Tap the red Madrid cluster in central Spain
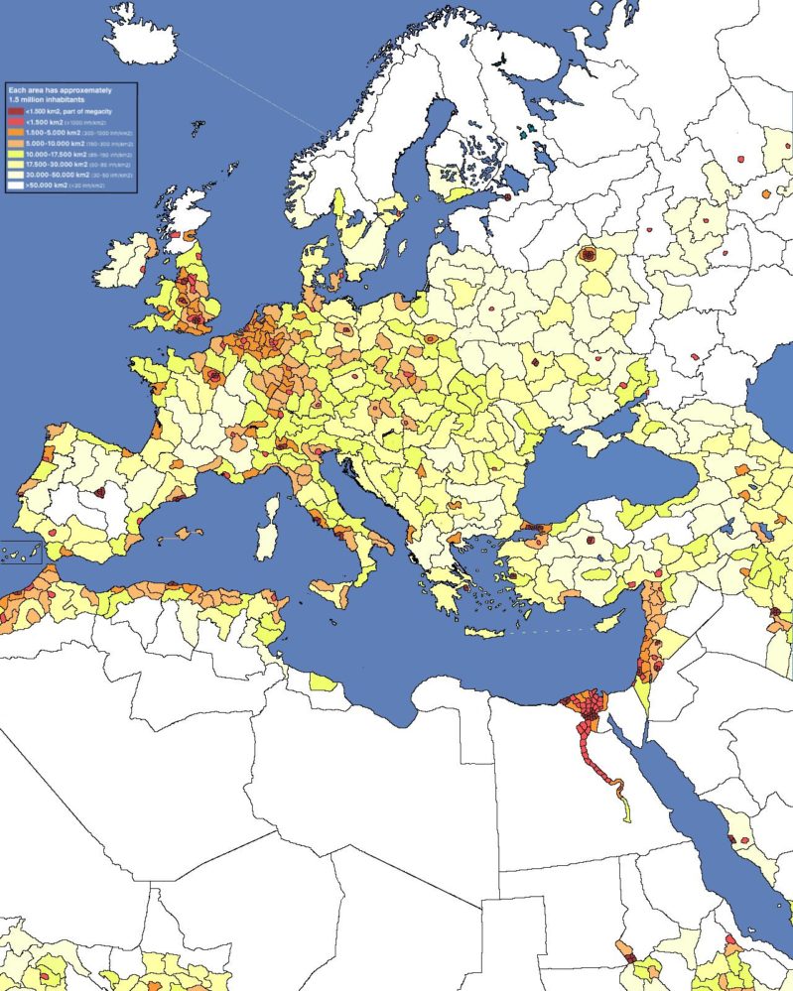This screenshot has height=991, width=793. [99, 492]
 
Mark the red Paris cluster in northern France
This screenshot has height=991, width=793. [213, 376]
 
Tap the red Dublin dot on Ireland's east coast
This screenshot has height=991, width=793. [145, 269]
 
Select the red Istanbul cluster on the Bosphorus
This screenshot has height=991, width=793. [530, 526]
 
